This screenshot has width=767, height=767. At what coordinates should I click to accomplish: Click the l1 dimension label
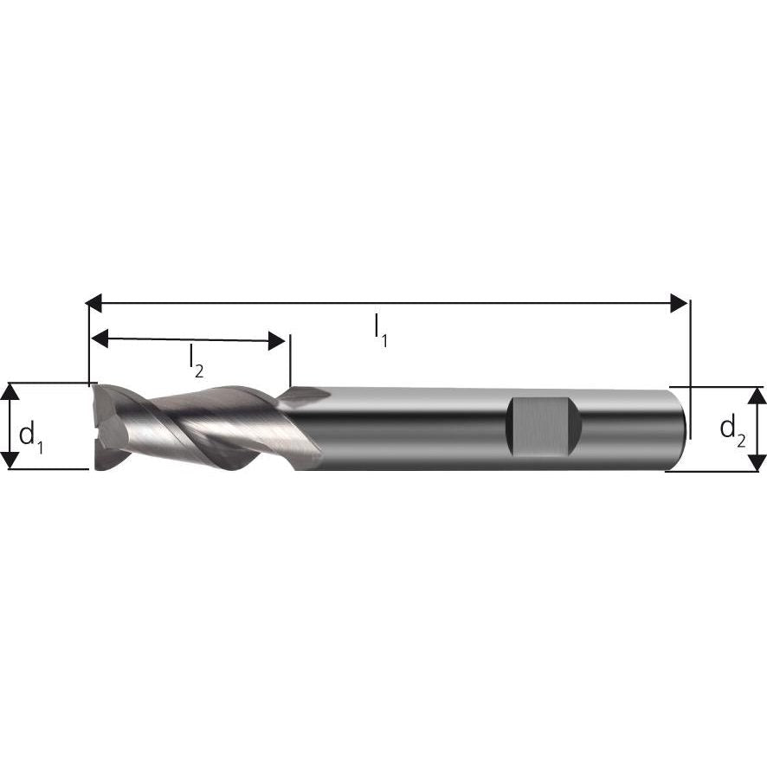[x=379, y=329]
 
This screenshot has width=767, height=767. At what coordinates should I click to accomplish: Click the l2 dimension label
[x=196, y=361]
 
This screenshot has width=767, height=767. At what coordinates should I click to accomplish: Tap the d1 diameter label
[x=31, y=432]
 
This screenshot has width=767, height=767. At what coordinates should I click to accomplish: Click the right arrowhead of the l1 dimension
[x=680, y=303]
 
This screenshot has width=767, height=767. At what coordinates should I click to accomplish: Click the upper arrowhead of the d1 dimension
[x=10, y=391]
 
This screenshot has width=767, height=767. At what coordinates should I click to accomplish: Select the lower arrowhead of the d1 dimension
[x=10, y=460]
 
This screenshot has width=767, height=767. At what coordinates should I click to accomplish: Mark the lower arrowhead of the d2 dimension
[x=757, y=461]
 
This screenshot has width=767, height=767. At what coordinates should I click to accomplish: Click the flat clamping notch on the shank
[x=541, y=427]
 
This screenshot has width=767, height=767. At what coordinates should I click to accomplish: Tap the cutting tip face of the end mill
[x=100, y=427]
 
